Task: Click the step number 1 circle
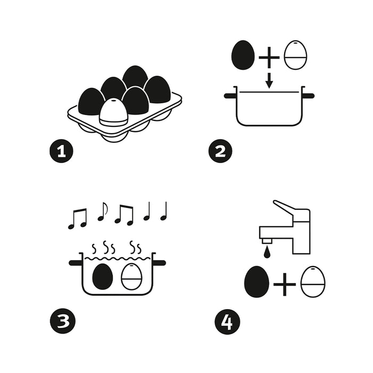click(61, 151)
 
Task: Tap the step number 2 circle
click(220, 151)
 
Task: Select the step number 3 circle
click(62, 321)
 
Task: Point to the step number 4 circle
click(227, 322)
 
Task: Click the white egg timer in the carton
click(113, 112)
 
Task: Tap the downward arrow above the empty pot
click(269, 80)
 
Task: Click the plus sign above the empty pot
click(269, 58)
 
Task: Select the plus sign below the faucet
click(285, 284)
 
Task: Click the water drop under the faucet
click(267, 252)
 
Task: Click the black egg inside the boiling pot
click(102, 277)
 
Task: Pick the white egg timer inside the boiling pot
click(132, 277)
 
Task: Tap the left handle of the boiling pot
click(76, 263)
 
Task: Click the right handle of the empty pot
click(309, 96)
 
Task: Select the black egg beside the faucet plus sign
click(257, 282)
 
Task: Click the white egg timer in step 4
click(313, 282)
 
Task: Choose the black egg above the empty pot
click(243, 55)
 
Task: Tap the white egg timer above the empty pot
click(295, 55)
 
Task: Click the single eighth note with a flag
click(102, 212)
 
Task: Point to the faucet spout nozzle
click(267, 241)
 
